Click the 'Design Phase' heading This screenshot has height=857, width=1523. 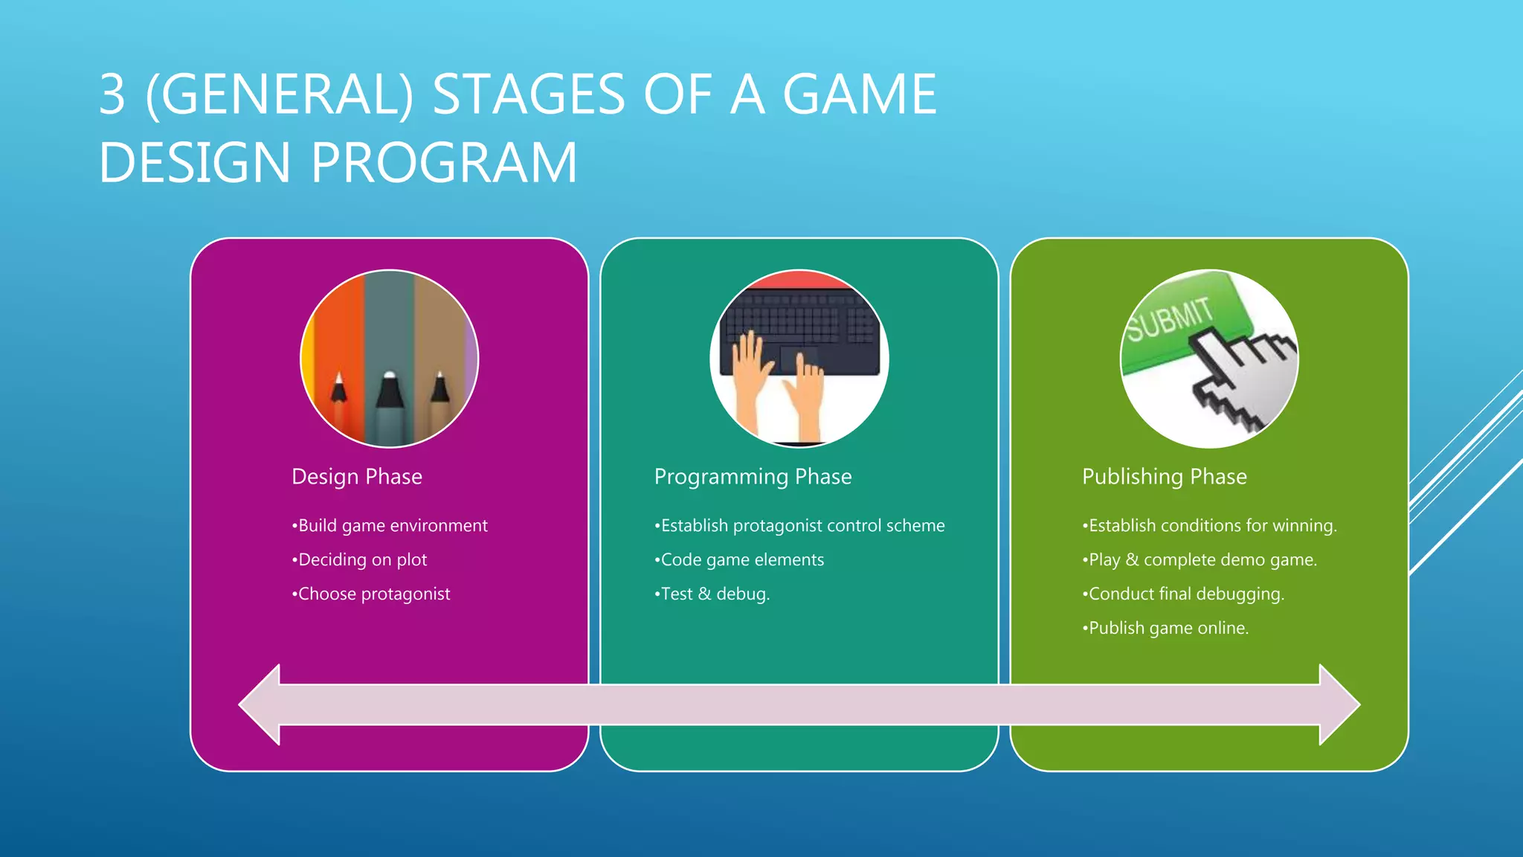coord(357,476)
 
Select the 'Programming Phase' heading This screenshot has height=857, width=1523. coord(753,476)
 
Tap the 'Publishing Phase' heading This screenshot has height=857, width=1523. coord(1164,476)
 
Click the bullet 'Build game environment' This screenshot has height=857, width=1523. coord(390,525)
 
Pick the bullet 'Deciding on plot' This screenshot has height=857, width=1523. coord(360,559)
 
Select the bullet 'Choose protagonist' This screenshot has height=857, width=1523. coord(371,594)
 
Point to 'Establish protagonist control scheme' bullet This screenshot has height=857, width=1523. coord(799,525)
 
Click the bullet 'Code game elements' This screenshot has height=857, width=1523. coord(739,559)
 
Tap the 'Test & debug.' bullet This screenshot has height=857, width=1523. coord(712,594)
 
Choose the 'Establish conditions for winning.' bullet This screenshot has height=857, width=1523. coord(1209,525)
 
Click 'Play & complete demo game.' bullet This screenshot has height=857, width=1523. coord(1200,559)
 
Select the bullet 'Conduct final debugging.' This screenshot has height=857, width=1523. coord(1183,594)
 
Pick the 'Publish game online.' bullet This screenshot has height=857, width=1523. coord(1165,628)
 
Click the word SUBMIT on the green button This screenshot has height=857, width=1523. coord(1169,319)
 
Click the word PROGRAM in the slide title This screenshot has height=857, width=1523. coord(444,163)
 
